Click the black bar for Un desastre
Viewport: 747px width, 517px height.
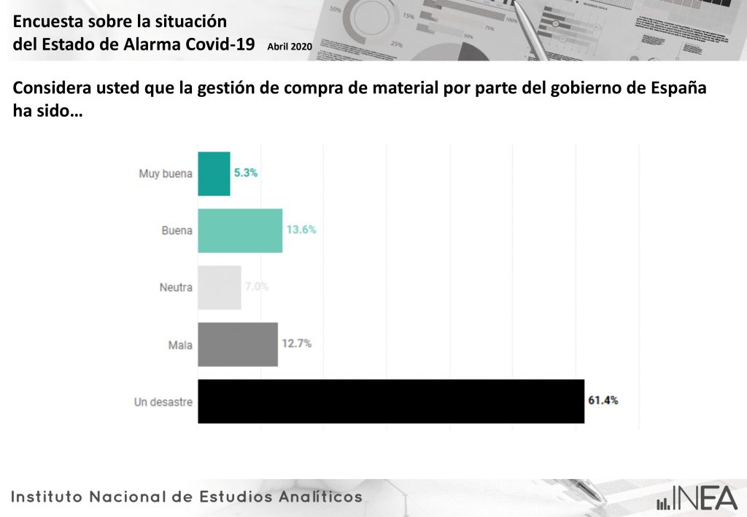[391, 401]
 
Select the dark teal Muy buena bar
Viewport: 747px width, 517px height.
[214, 174]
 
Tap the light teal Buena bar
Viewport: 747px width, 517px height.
[240, 230]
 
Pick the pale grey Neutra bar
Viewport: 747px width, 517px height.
[220, 287]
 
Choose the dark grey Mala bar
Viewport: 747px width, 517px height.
[238, 344]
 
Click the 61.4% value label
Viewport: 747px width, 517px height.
[603, 400]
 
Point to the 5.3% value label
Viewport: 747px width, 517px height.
[246, 174]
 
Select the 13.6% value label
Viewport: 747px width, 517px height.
[301, 230]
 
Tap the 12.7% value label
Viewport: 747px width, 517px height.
[296, 343]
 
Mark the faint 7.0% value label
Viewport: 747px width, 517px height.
[257, 287]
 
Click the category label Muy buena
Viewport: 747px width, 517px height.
[166, 174]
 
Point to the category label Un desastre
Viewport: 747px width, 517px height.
[163, 401]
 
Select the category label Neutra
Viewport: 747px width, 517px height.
[176, 287]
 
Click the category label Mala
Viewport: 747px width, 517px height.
[180, 344]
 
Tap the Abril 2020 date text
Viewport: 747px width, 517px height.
[290, 46]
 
